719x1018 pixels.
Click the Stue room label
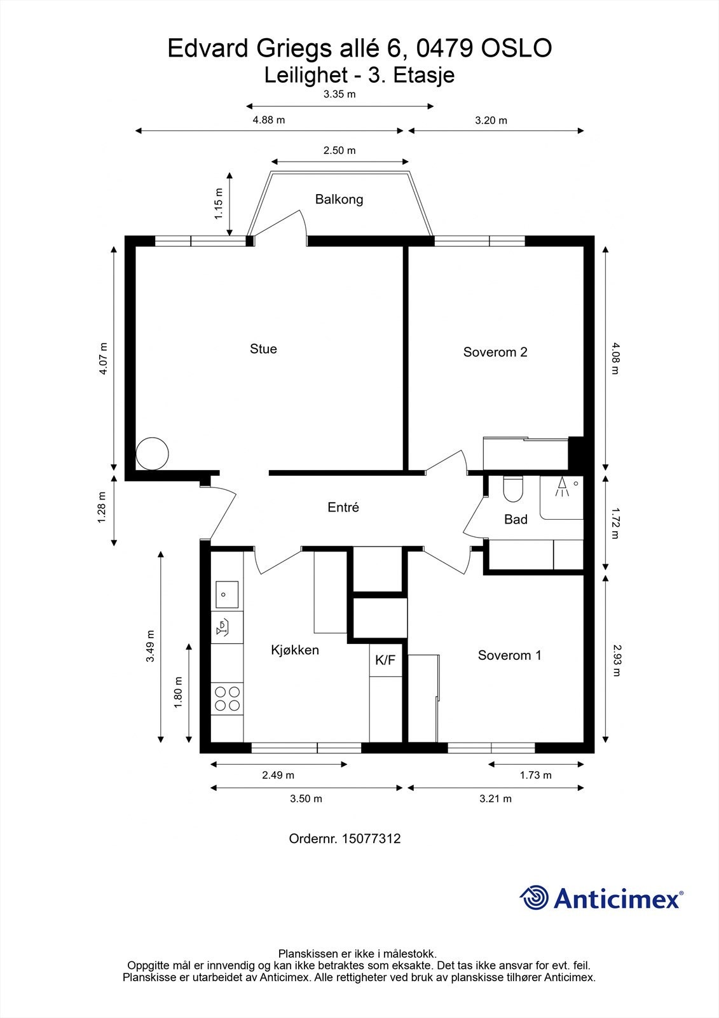click(263, 349)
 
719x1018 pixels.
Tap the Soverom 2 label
click(495, 352)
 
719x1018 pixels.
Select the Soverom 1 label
click(509, 655)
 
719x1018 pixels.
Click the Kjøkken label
click(295, 650)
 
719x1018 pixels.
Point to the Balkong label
click(339, 199)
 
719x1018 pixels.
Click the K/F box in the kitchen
click(385, 660)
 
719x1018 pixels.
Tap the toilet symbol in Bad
click(512, 490)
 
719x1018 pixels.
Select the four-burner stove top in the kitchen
click(227, 698)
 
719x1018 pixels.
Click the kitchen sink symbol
click(226, 595)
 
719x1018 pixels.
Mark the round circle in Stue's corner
click(153, 453)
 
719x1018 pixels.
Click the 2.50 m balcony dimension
click(339, 151)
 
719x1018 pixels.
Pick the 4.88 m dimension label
click(269, 120)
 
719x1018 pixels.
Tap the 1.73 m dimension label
click(535, 775)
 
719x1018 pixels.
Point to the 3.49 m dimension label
click(151, 646)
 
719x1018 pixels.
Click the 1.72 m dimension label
click(615, 522)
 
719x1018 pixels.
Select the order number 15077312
click(371, 839)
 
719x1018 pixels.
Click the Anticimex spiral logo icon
click(534, 898)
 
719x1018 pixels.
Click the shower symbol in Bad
click(562, 487)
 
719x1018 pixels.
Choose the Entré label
click(343, 507)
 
